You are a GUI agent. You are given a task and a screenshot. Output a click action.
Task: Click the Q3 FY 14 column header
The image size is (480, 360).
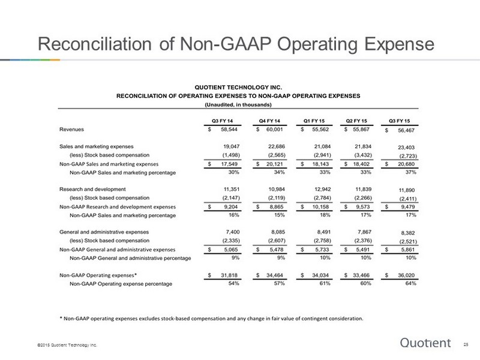[223, 121]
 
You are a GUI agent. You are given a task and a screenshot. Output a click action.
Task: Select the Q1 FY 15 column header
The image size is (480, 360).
[314, 121]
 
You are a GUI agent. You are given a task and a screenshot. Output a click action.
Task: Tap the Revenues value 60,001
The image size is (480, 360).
[275, 130]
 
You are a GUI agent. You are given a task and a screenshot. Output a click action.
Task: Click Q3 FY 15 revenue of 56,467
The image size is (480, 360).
[406, 130]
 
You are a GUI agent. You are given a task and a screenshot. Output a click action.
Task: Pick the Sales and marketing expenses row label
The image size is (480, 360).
[97, 146]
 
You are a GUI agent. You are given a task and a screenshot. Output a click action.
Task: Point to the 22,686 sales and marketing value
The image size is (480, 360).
[277, 146]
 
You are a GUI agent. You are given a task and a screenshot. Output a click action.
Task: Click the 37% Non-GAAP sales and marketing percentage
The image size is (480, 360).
[411, 172]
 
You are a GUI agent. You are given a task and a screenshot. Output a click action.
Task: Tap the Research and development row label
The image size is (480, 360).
[92, 190]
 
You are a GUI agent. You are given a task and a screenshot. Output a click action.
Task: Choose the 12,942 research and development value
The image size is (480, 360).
[322, 190]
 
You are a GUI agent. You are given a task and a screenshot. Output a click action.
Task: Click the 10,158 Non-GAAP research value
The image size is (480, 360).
[320, 207]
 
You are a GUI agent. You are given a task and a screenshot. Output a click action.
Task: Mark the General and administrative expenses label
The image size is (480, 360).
[104, 232]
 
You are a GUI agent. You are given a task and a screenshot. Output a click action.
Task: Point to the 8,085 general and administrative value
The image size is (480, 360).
[278, 232]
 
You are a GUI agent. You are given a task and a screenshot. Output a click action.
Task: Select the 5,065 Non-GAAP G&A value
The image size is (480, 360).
[231, 250]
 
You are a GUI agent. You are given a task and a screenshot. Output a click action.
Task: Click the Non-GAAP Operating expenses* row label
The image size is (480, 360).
[98, 275]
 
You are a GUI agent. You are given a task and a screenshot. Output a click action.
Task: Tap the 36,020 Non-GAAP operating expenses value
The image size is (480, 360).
[406, 275]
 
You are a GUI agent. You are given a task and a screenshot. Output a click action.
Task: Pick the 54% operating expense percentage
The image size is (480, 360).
[233, 283]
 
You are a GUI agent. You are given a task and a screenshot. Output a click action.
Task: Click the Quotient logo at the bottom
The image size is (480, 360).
[425, 343]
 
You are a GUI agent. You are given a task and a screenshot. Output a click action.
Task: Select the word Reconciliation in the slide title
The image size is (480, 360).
[95, 44]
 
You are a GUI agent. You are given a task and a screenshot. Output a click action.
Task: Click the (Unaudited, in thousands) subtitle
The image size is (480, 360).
[238, 104]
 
